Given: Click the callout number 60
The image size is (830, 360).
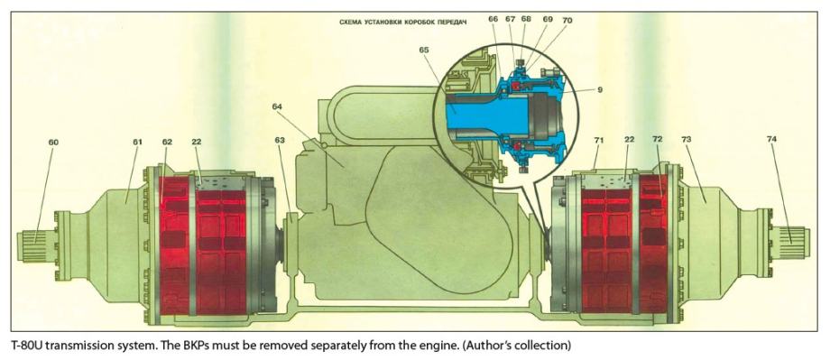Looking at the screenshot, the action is coord(53,142).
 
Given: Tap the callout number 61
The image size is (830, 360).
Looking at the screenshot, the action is coord(138,142).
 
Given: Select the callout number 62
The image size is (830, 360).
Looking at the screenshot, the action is coord(167,142).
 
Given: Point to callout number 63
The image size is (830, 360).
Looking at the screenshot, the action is coord(280,140).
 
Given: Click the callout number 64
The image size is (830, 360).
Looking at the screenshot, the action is coord(278,106).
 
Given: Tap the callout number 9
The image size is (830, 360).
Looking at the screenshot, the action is coord(600,89).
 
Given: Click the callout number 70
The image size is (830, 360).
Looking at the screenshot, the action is coord(567,20).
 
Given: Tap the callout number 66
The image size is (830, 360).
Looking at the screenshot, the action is coord(493,20).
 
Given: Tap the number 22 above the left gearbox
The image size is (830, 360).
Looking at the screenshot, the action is coord(198,142).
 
